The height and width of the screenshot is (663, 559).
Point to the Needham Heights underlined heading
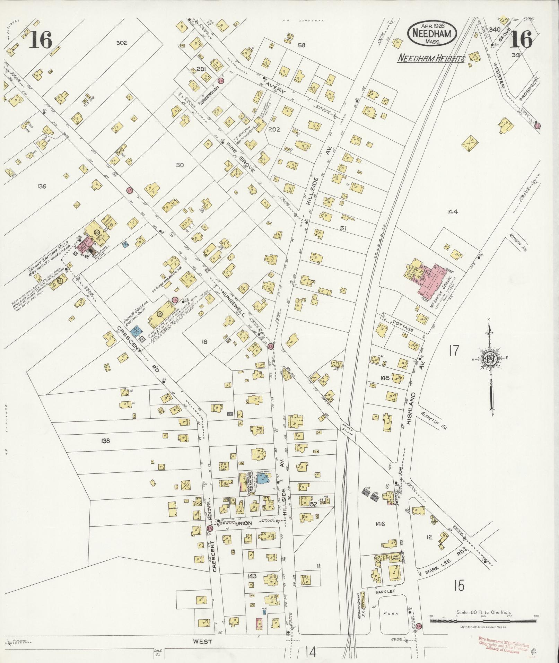[431, 58]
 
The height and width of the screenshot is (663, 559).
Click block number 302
[122, 43]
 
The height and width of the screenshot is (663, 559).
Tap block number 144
[452, 212]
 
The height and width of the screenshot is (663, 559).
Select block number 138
[105, 441]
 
